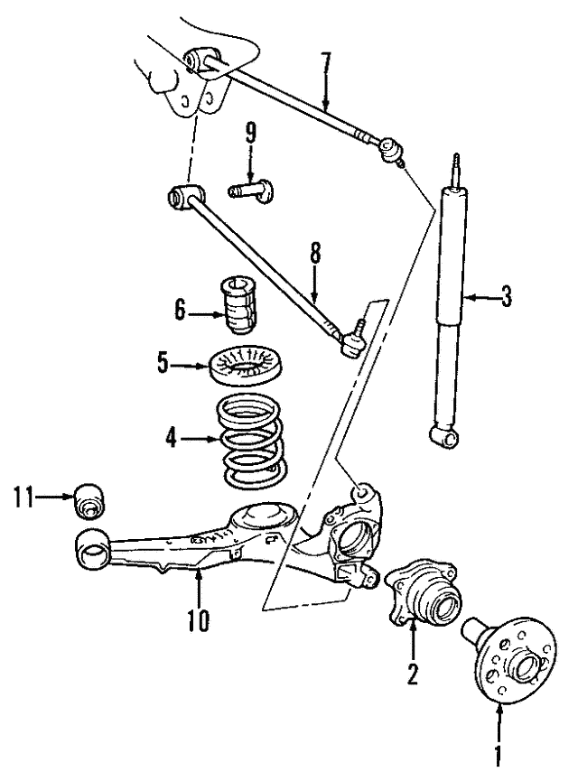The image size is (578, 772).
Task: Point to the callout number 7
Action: (x=326, y=64)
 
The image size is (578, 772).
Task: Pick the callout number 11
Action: (x=24, y=495)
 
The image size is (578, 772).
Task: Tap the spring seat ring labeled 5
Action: (x=245, y=366)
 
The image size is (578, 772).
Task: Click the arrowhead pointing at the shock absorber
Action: (x=471, y=295)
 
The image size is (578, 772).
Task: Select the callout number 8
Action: (x=315, y=256)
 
